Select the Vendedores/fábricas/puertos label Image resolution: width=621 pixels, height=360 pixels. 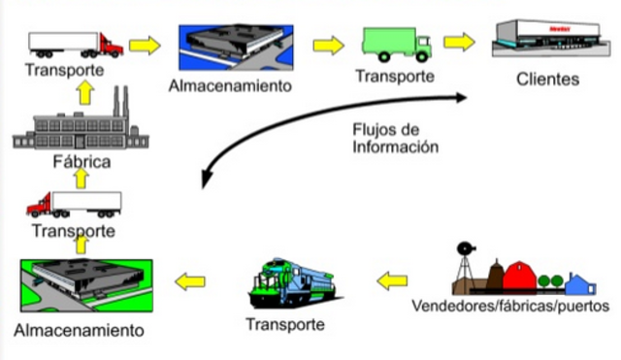click(x=510, y=307)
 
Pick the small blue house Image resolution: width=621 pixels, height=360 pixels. click(x=579, y=284)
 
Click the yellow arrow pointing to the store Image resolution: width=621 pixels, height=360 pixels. click(x=461, y=43)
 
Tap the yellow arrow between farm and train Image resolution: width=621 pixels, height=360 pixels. click(x=391, y=281)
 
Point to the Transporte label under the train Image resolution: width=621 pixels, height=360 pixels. click(x=285, y=324)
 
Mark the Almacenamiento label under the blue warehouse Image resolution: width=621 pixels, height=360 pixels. click(x=230, y=85)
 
